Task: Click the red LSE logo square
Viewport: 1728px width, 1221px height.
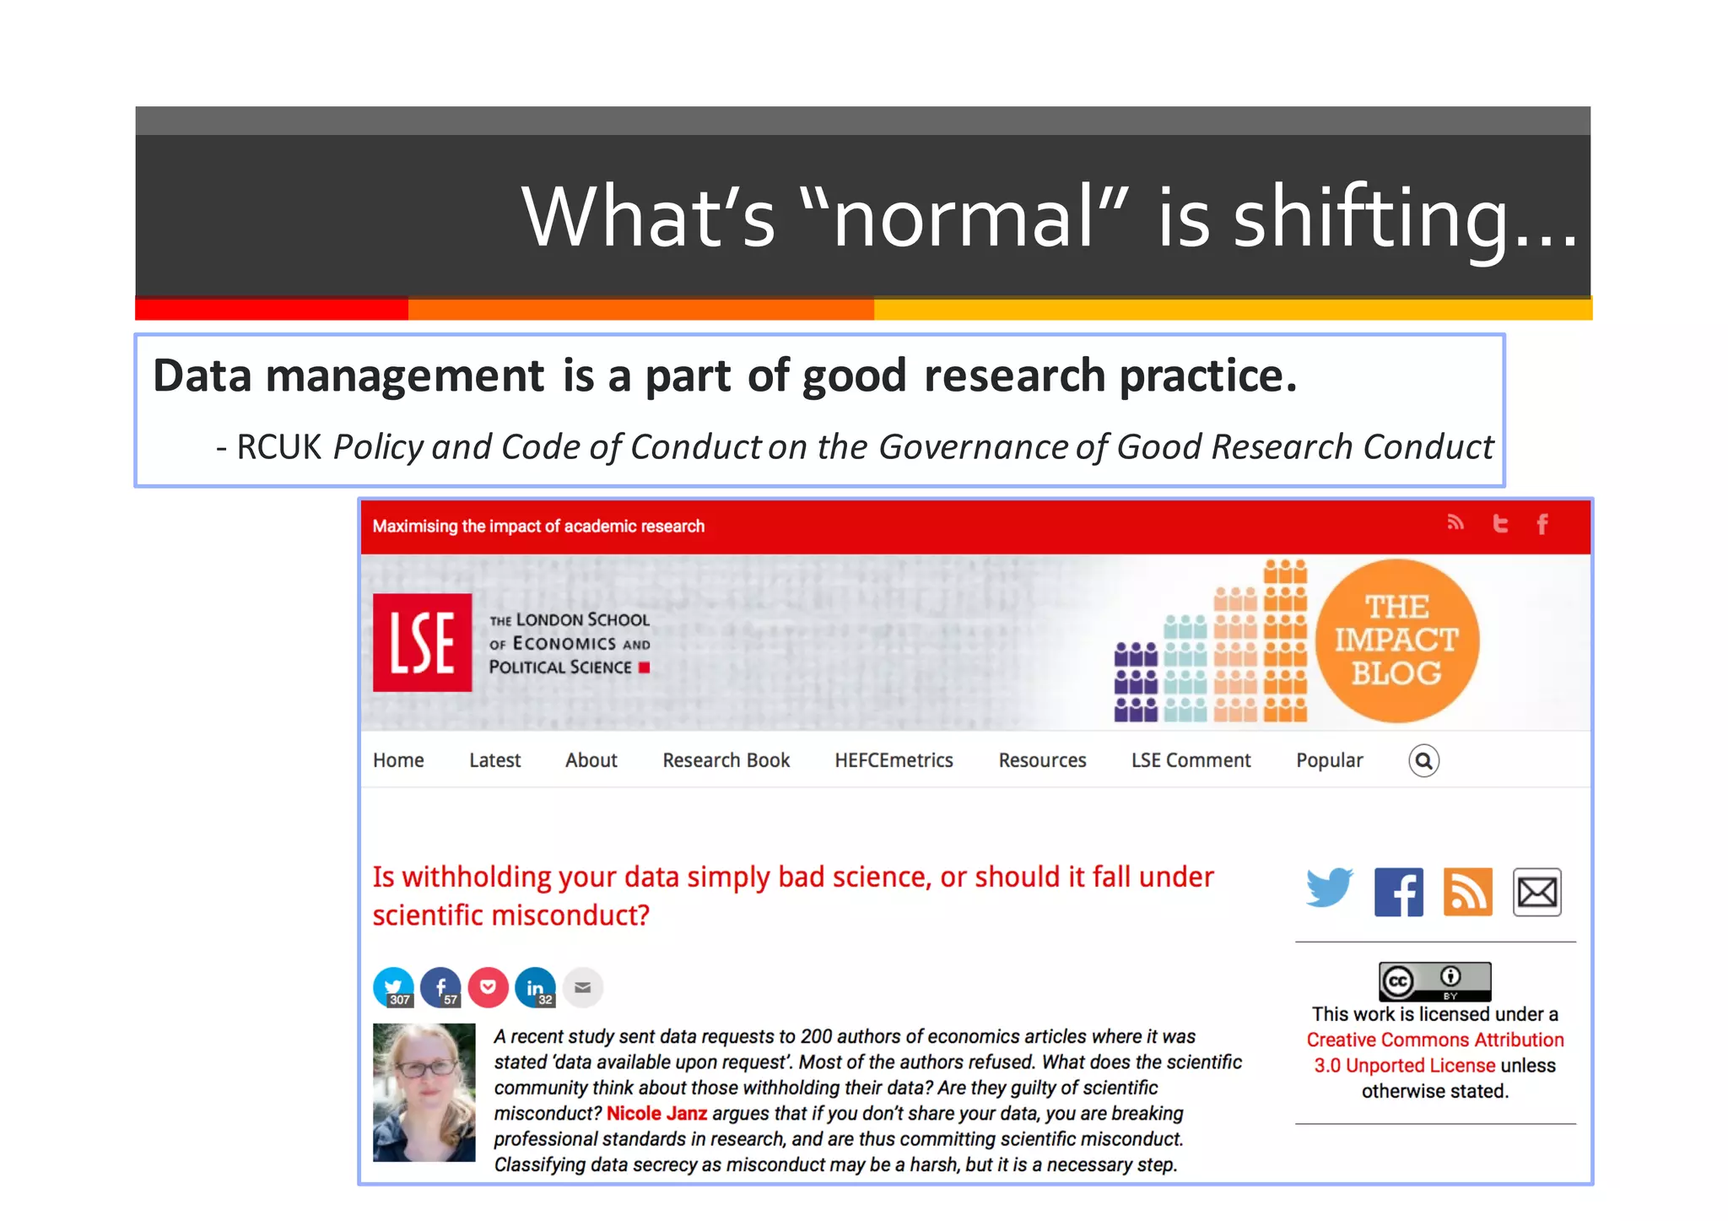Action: (422, 642)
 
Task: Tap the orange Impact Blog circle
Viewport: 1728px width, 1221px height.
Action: (1396, 640)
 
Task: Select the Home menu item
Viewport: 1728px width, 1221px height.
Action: (398, 760)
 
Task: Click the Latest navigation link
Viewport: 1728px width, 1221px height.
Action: (494, 760)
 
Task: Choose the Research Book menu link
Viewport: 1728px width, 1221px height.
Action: (726, 760)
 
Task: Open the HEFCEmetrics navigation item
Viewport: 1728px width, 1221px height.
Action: (894, 760)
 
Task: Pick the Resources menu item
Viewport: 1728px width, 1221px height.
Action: (1042, 760)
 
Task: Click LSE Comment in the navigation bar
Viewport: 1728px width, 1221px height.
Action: (1191, 760)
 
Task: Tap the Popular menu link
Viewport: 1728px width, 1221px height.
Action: (1329, 760)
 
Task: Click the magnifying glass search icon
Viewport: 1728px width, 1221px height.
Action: (1423, 761)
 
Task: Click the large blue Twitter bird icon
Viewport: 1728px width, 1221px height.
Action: (1329, 889)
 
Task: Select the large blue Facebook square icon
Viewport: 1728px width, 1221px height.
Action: (1398, 892)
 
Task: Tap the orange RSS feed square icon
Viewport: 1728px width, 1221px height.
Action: (1467, 892)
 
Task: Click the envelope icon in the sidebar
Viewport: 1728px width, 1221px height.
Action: (1536, 892)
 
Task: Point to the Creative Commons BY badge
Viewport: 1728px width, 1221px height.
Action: (1434, 981)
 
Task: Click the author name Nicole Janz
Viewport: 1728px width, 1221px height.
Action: (656, 1113)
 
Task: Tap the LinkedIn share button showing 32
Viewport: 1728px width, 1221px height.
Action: (535, 987)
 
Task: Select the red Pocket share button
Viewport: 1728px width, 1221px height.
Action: (488, 987)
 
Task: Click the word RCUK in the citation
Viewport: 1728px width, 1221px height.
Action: (278, 447)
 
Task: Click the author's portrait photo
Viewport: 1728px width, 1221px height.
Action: (424, 1092)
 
